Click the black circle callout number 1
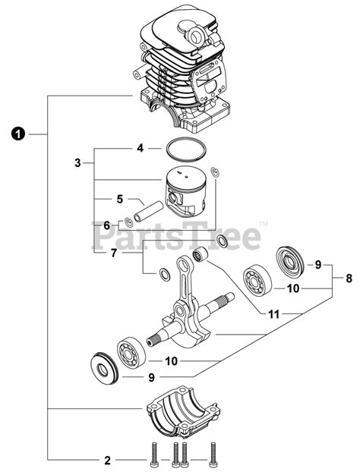click(17, 134)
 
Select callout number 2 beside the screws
click(107, 460)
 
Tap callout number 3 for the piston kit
click(77, 162)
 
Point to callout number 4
click(140, 148)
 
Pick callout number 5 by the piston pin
click(119, 199)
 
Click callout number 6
click(106, 225)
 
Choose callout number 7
click(114, 253)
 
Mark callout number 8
click(349, 278)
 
